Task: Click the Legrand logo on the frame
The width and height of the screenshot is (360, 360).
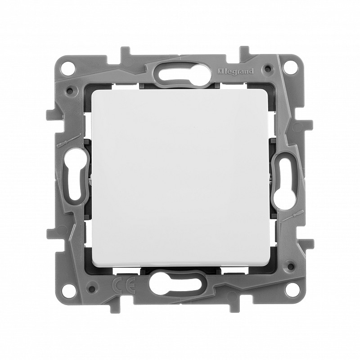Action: (x=235, y=72)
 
